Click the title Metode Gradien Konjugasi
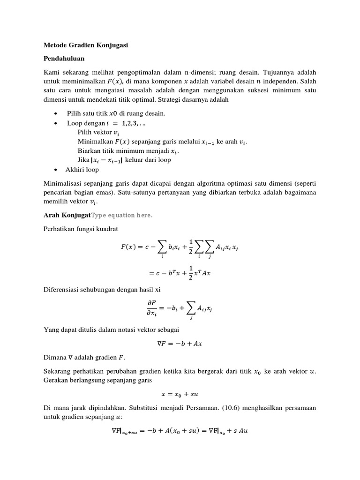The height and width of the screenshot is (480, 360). click(x=86, y=45)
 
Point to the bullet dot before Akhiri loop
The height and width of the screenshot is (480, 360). click(x=56, y=170)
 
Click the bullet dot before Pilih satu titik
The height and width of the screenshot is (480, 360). click(x=56, y=114)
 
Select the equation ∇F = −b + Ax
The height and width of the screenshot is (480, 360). click(x=180, y=343)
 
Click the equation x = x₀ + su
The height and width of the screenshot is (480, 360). click(x=180, y=394)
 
